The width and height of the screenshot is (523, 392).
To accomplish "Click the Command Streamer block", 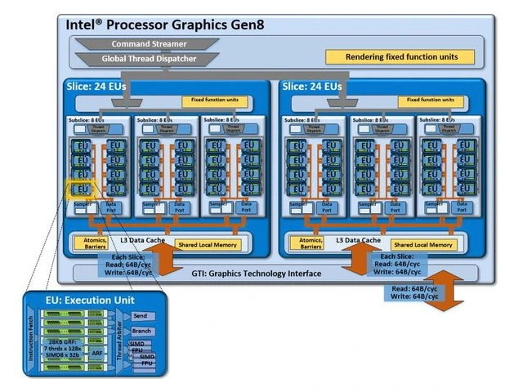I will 150,44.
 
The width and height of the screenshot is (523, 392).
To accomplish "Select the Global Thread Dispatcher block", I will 150,59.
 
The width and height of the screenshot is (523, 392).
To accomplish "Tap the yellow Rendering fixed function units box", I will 400,57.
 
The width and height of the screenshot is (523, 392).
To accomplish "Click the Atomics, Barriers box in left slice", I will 95,243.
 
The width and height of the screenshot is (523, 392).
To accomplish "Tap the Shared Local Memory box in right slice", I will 423,245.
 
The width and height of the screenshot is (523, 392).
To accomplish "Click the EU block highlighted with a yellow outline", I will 81,189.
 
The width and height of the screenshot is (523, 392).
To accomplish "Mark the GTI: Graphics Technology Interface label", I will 253,274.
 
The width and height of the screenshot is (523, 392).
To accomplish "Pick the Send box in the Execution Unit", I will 141,315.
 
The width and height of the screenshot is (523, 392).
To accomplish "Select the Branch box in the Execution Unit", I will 141,332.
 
